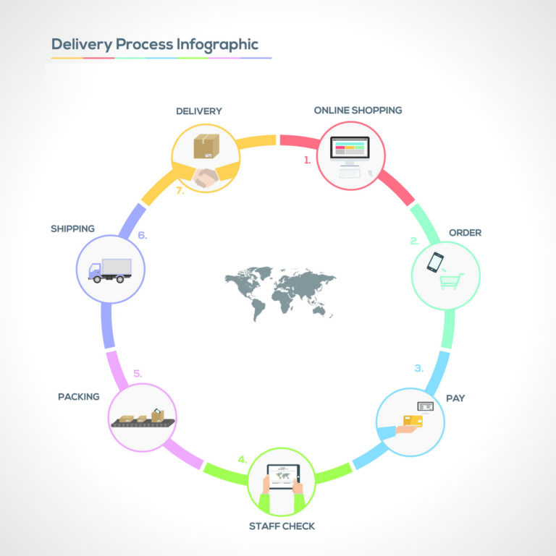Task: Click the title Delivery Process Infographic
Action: coord(154,44)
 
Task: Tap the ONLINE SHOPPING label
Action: coord(358,111)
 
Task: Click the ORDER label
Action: coord(465,233)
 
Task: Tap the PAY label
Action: coord(455,398)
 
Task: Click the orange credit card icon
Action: coord(413,421)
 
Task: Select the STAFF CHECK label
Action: coord(282,526)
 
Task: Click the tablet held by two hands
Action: coord(282,476)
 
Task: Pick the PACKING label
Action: coord(79,397)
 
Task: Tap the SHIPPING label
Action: coord(72,228)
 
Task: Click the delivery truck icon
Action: coord(110,269)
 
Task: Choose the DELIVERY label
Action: coord(199,111)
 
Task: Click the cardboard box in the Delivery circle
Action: coord(206,146)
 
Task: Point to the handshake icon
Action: coord(206,176)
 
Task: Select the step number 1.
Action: coord(307,161)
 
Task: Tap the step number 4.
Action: coord(243,459)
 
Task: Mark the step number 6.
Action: coord(143,235)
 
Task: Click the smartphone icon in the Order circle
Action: coord(434,262)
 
